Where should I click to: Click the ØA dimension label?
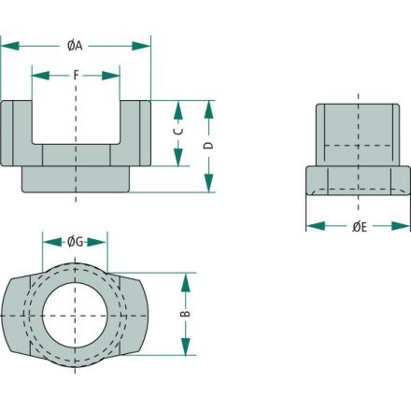[75, 46]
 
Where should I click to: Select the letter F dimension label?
[77, 75]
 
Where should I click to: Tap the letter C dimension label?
[178, 131]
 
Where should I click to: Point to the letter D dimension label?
[208, 146]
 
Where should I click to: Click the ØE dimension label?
[360, 227]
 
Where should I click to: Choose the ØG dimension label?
[76, 242]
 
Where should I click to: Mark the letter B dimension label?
[186, 314]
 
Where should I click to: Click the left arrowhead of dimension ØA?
[10, 46]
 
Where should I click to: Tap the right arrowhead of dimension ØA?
[141, 46]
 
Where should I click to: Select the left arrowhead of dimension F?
[41, 76]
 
